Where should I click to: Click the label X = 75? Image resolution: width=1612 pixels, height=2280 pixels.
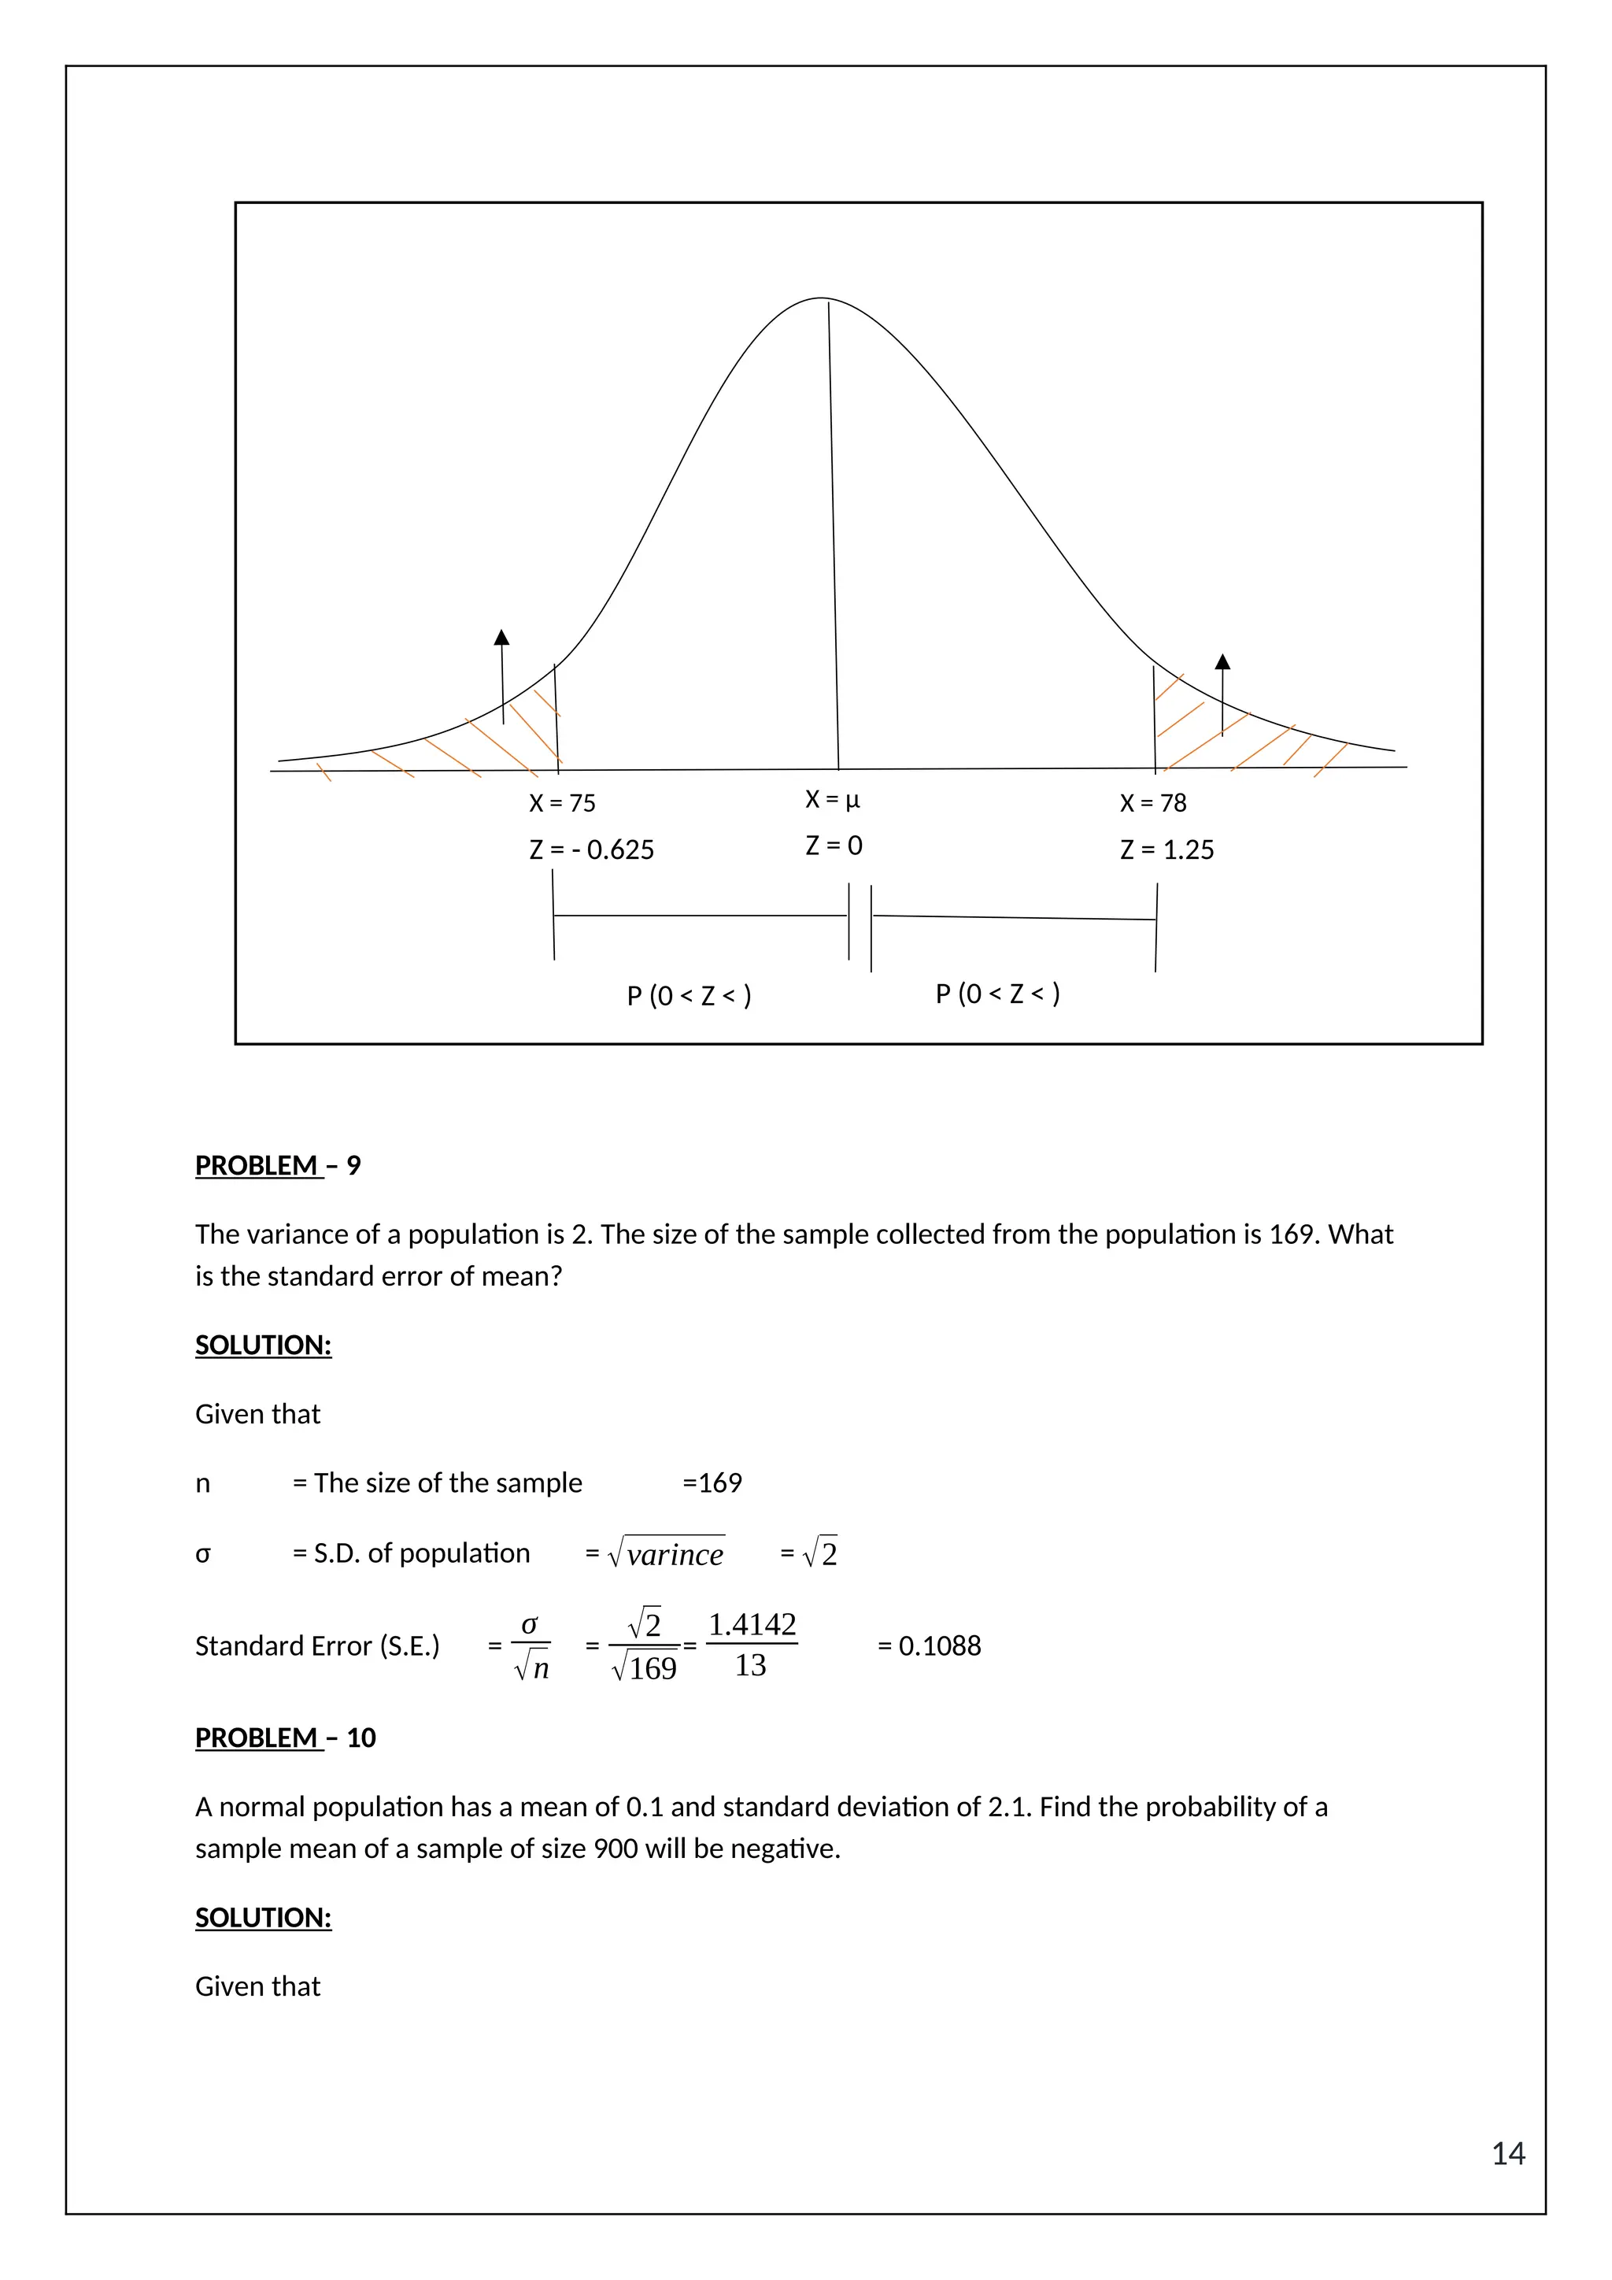pos(562,802)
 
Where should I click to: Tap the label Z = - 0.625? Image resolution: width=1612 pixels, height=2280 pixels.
pos(592,850)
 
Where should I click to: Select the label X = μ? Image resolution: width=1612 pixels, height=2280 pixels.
pos(832,798)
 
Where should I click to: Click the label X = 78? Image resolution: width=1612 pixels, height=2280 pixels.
pos(1152,802)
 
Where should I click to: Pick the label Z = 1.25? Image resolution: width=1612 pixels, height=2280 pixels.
pos(1166,850)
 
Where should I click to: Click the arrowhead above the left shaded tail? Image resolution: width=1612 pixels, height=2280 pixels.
pos(501,637)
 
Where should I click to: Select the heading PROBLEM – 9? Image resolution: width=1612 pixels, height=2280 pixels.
pos(278,1165)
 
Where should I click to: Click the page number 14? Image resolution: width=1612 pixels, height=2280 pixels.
pos(1508,2153)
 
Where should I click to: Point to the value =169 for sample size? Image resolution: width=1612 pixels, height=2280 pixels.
pos(712,1482)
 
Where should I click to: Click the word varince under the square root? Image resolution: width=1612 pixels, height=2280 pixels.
pos(675,1555)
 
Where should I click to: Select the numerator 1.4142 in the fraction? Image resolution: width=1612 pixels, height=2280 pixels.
pos(752,1625)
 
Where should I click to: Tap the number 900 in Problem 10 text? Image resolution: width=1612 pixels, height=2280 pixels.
pos(616,1849)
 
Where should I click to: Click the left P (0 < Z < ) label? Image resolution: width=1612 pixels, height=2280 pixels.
pos(689,995)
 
